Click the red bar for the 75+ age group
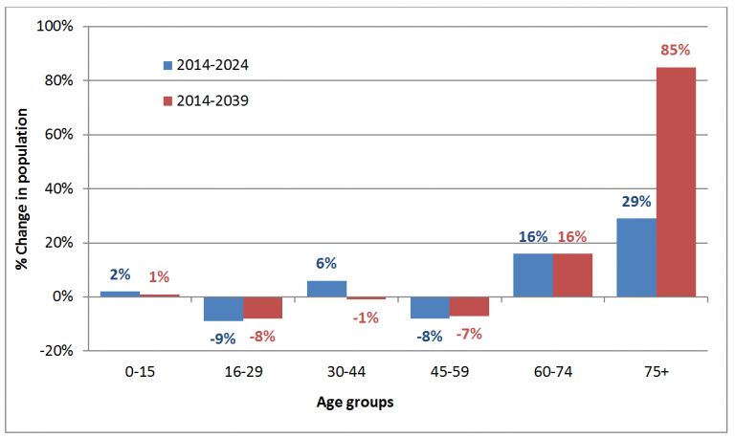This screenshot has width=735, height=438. coord(676,182)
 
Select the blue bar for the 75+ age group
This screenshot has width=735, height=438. coord(636,257)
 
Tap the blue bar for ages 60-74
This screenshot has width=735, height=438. coord(533,274)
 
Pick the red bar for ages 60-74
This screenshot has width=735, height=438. coord(572,274)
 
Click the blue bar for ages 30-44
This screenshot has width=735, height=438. coord(326,288)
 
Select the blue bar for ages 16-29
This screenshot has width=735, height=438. coord(223,309)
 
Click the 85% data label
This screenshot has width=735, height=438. coord(676,50)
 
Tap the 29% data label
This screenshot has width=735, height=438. coord(635,202)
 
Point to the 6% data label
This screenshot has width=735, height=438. coord(325,264)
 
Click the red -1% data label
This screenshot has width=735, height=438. coord(366,317)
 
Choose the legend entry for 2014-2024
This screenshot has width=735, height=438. coord(206,65)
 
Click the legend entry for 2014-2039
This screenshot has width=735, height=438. coord(206,99)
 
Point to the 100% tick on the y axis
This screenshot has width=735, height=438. coord(55,26)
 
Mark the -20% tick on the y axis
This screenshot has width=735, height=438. coord(55,351)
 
